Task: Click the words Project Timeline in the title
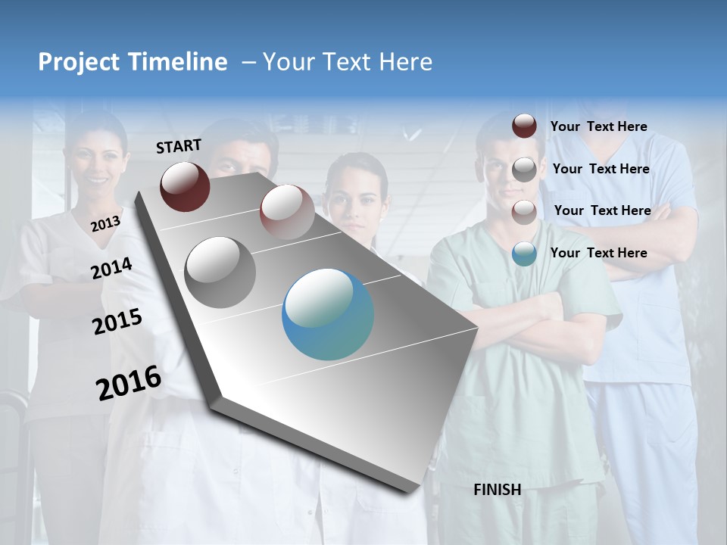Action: click(x=133, y=62)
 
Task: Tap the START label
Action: click(x=179, y=146)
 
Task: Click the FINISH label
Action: click(x=498, y=490)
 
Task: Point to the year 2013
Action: click(x=105, y=224)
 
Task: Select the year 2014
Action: click(x=112, y=268)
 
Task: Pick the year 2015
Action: click(x=117, y=322)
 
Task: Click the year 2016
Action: click(x=129, y=383)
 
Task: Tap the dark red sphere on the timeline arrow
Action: click(x=185, y=186)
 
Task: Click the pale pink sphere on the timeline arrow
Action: click(x=287, y=212)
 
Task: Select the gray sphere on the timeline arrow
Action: click(x=220, y=272)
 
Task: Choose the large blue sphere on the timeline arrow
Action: click(x=328, y=315)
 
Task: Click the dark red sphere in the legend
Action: click(x=524, y=126)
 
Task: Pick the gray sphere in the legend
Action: click(x=524, y=170)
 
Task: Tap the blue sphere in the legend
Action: click(x=524, y=254)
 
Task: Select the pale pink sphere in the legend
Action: click(x=524, y=212)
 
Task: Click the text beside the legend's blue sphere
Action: click(x=598, y=253)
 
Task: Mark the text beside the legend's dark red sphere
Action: click(x=598, y=126)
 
